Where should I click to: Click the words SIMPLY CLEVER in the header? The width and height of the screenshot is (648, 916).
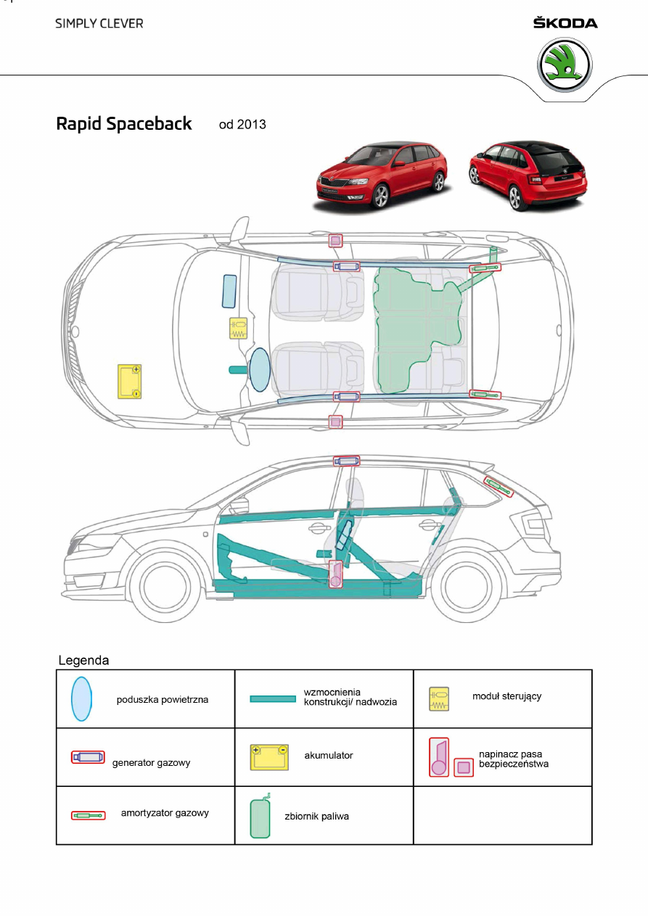click(99, 23)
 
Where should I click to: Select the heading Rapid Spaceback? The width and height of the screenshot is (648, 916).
click(124, 124)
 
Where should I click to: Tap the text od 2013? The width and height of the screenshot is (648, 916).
click(242, 125)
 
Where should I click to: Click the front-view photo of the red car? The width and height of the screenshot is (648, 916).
click(381, 176)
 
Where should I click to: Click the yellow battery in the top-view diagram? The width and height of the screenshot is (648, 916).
click(130, 381)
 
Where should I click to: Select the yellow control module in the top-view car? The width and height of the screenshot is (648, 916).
click(238, 329)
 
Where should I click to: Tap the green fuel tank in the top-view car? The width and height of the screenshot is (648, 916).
click(414, 326)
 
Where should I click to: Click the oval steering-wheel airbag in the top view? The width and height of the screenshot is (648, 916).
click(258, 369)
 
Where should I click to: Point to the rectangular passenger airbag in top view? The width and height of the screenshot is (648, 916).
click(229, 291)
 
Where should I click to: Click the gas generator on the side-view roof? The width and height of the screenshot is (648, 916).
click(346, 461)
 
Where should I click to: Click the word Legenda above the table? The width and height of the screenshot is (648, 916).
click(83, 661)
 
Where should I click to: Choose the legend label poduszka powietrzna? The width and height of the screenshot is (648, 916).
click(163, 700)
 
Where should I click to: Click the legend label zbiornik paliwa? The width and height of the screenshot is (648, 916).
click(316, 817)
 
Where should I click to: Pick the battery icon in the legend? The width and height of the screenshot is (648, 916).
click(268, 757)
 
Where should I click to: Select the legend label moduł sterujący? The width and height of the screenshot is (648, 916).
click(506, 696)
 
